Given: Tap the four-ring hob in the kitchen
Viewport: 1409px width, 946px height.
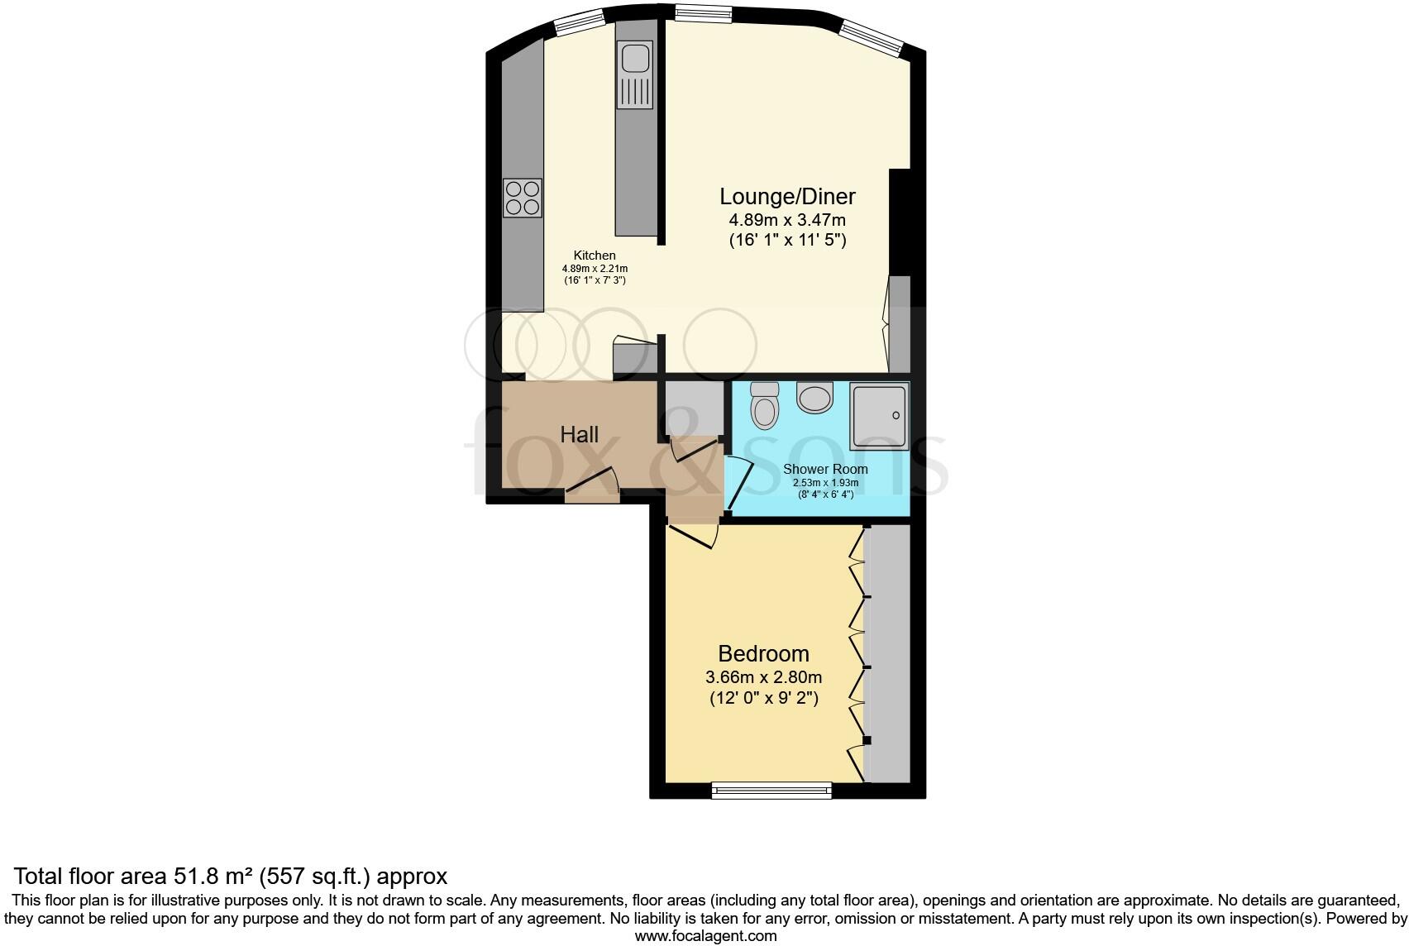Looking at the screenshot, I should [523, 198].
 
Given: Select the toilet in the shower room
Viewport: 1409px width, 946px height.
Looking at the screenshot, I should [763, 405].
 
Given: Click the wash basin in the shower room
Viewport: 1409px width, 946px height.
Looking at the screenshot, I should [815, 398].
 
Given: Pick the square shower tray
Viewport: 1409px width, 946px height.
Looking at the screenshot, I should [878, 416].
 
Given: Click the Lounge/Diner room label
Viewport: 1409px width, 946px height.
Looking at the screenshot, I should [787, 197].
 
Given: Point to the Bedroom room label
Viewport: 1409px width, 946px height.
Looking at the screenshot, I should [763, 653].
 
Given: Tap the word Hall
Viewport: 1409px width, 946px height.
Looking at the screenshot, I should [579, 434].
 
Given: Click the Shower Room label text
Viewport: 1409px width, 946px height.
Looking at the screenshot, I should [825, 469].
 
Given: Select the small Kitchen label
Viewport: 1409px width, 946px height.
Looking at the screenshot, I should [595, 256].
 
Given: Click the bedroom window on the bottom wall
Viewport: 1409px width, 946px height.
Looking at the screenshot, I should [771, 791].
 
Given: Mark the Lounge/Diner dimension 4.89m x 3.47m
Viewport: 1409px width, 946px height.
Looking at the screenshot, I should [787, 220].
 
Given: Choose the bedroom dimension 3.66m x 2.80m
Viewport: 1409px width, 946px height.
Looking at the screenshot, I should [763, 676].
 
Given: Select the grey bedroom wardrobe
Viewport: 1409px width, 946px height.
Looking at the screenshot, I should [888, 653].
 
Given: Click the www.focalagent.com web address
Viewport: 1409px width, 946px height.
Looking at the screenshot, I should [705, 936].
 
